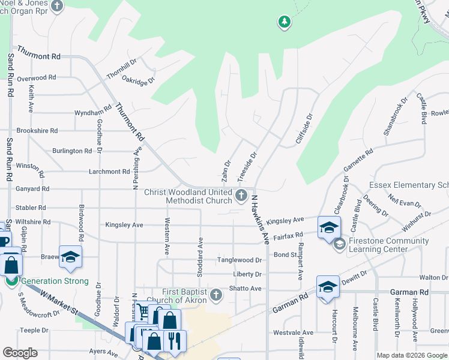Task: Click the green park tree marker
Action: point(284,23)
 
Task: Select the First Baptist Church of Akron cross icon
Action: point(216,295)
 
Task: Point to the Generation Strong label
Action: point(54,281)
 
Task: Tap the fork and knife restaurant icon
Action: point(175,340)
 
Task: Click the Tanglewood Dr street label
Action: point(240,260)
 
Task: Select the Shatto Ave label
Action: point(247,289)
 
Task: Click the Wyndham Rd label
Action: point(92,112)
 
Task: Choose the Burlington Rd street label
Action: point(71,151)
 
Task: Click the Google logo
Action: point(20,352)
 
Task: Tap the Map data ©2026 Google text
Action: point(411,355)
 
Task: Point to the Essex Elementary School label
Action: point(408,185)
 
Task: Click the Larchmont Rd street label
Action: point(109,172)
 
